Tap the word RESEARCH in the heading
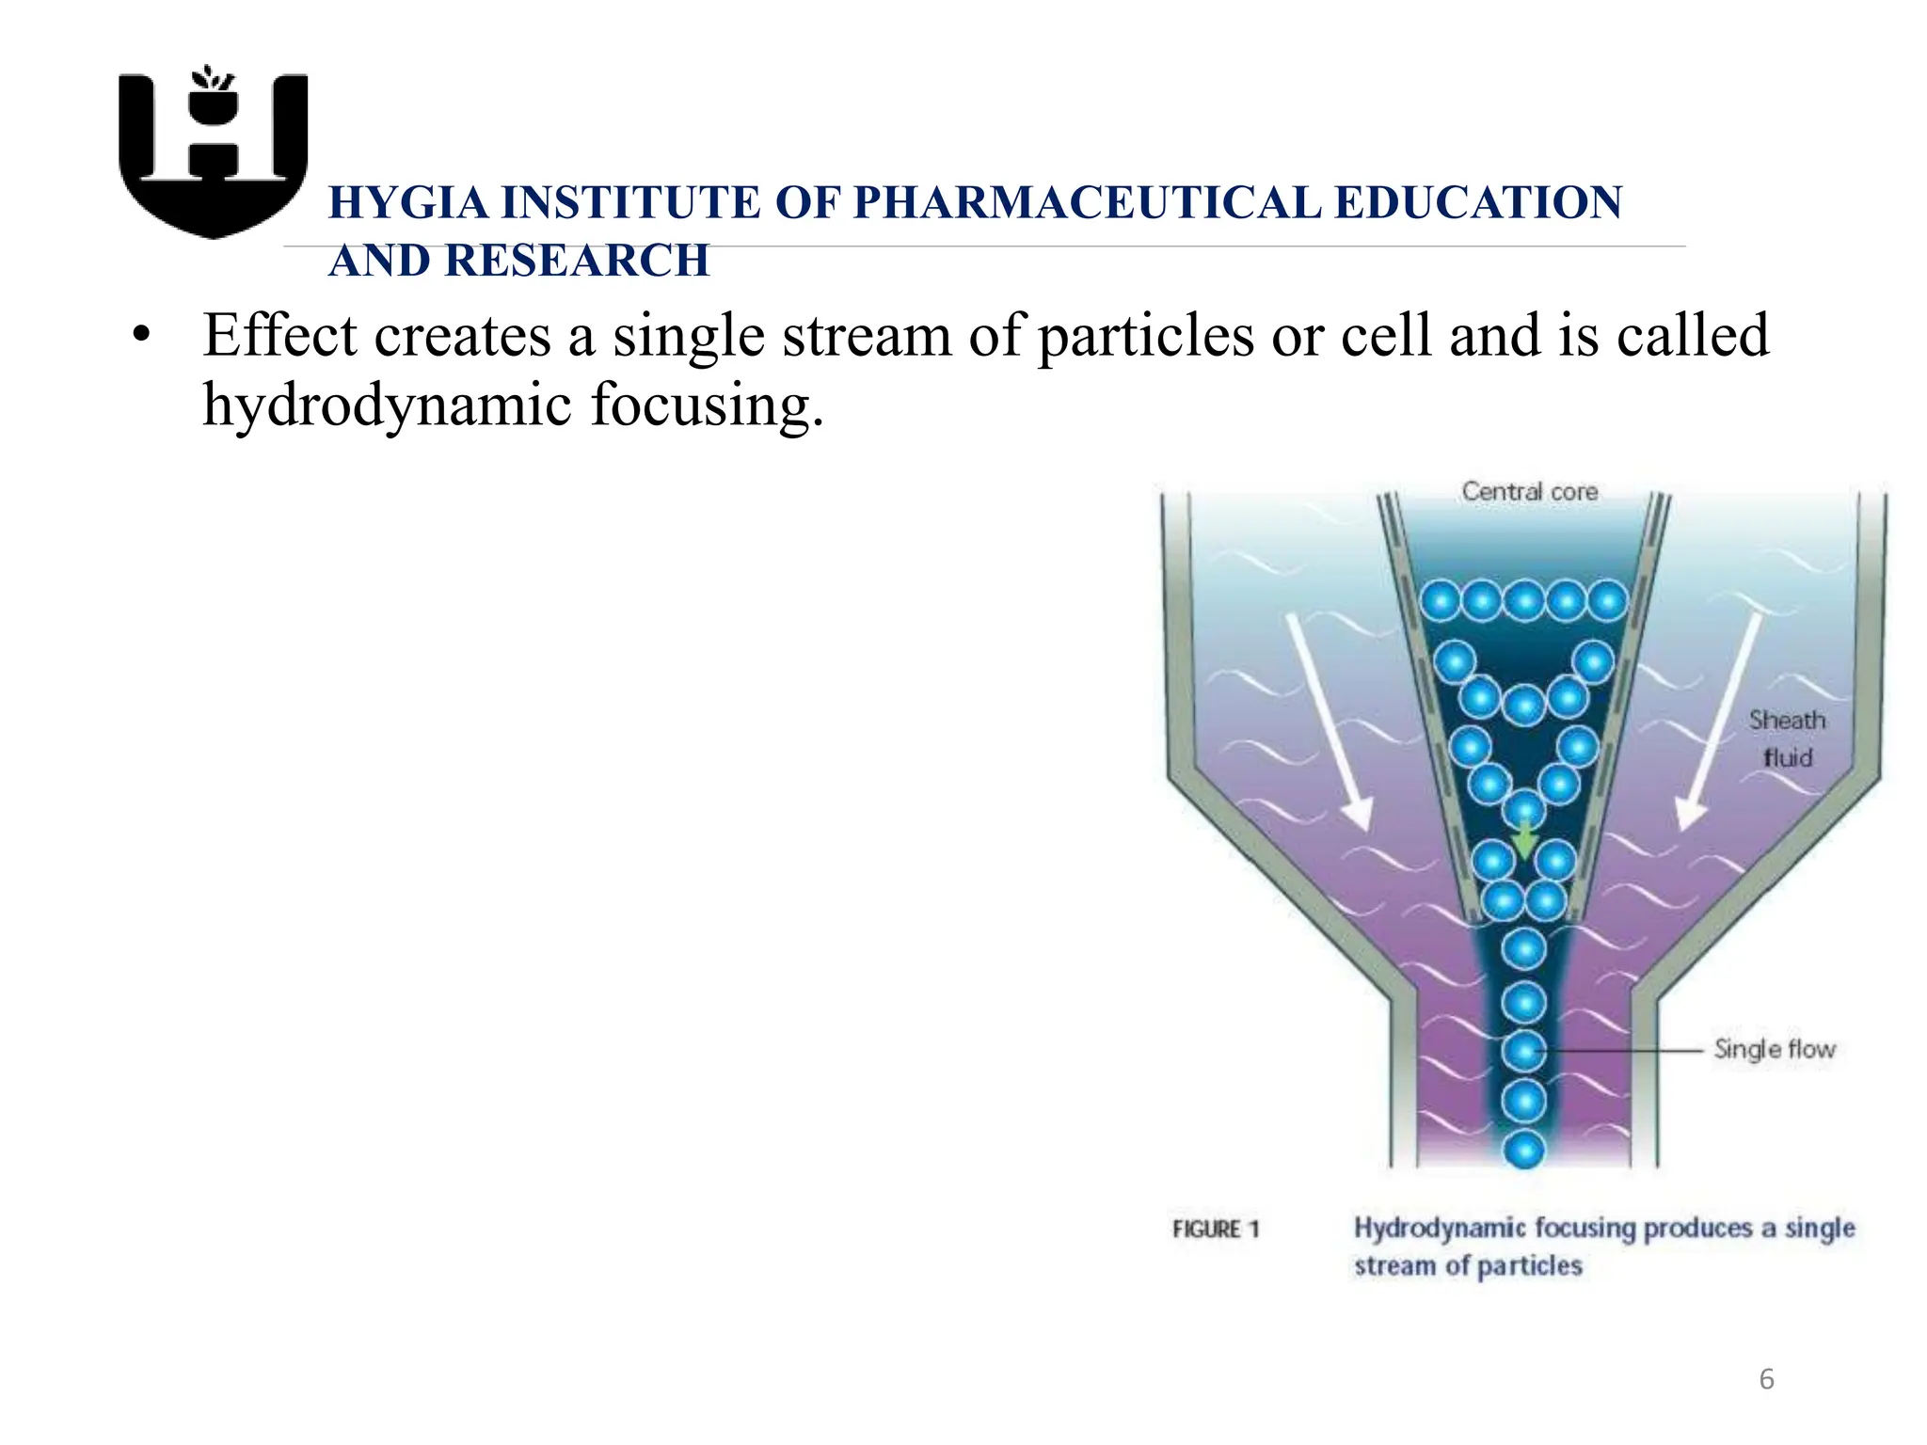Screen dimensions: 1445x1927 pyautogui.click(x=577, y=261)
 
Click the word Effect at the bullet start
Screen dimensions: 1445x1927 pyautogui.click(x=280, y=336)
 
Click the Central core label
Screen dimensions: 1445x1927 pyautogui.click(x=1529, y=491)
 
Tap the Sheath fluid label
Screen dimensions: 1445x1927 pyautogui.click(x=1787, y=738)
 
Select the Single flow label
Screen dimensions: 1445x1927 pyautogui.click(x=1774, y=1049)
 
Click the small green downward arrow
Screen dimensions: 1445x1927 pyautogui.click(x=1524, y=839)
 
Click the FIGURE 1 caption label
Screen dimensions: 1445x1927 pyautogui.click(x=1215, y=1229)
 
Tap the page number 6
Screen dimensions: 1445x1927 pyautogui.click(x=1766, y=1380)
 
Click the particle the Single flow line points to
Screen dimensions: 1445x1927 pyautogui.click(x=1524, y=1050)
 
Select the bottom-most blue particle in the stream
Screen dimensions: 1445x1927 pyautogui.click(x=1524, y=1149)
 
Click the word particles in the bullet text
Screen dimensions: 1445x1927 pyautogui.click(x=1145, y=336)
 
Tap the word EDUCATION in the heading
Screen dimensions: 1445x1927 pyautogui.click(x=1478, y=202)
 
